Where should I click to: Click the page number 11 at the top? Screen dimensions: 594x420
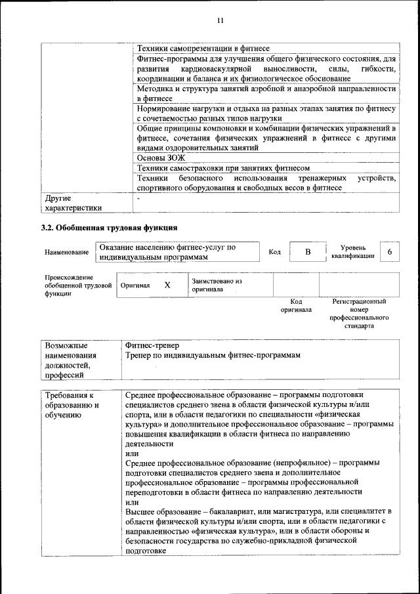tap(220, 21)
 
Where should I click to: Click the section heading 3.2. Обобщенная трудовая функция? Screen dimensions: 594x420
tap(109, 228)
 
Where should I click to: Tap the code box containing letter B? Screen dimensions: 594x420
tap(307, 253)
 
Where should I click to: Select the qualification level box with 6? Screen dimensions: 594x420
tap(390, 253)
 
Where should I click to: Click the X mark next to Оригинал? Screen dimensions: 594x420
tap(167, 285)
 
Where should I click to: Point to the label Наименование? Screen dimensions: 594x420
tap(67, 253)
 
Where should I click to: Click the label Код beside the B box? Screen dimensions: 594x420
tap(275, 253)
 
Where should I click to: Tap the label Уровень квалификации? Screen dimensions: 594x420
tap(353, 252)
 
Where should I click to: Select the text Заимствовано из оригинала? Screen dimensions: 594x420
tap(217, 285)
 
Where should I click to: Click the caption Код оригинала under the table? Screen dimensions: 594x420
tap(296, 305)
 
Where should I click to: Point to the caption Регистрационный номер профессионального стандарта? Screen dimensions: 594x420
tap(359, 313)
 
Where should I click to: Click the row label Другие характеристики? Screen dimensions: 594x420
tap(73, 203)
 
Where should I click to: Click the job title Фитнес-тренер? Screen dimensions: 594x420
tap(152, 345)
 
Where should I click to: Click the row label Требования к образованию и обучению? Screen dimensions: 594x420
tap(72, 406)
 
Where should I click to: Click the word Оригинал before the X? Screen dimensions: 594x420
tap(135, 286)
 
